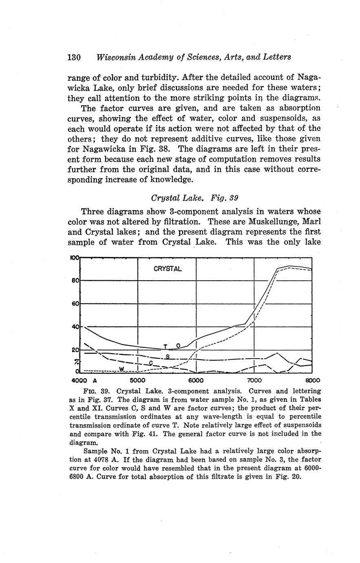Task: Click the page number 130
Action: (75, 57)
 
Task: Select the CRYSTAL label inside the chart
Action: (167, 269)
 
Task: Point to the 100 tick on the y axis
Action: (75, 258)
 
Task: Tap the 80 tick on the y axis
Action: (75, 281)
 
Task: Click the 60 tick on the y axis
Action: (75, 304)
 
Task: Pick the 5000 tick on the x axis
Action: (137, 380)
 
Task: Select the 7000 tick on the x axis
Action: (254, 380)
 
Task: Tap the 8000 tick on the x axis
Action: (312, 380)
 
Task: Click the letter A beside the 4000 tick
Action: (95, 380)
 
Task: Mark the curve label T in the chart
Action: (165, 346)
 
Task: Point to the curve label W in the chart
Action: (121, 369)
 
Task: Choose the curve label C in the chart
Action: (151, 363)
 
